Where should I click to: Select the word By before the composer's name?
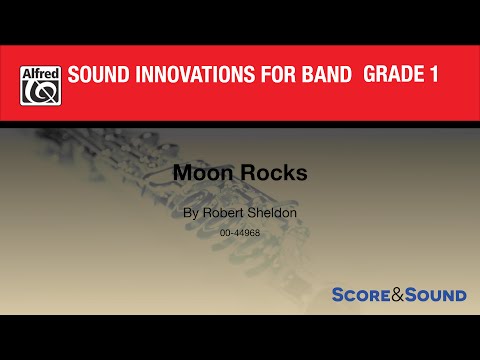[192, 214]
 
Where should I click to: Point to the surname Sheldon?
[271, 214]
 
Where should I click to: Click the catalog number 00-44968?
[240, 232]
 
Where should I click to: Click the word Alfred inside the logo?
[40, 72]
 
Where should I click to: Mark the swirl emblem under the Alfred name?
[40, 92]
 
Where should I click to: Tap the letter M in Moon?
[182, 172]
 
